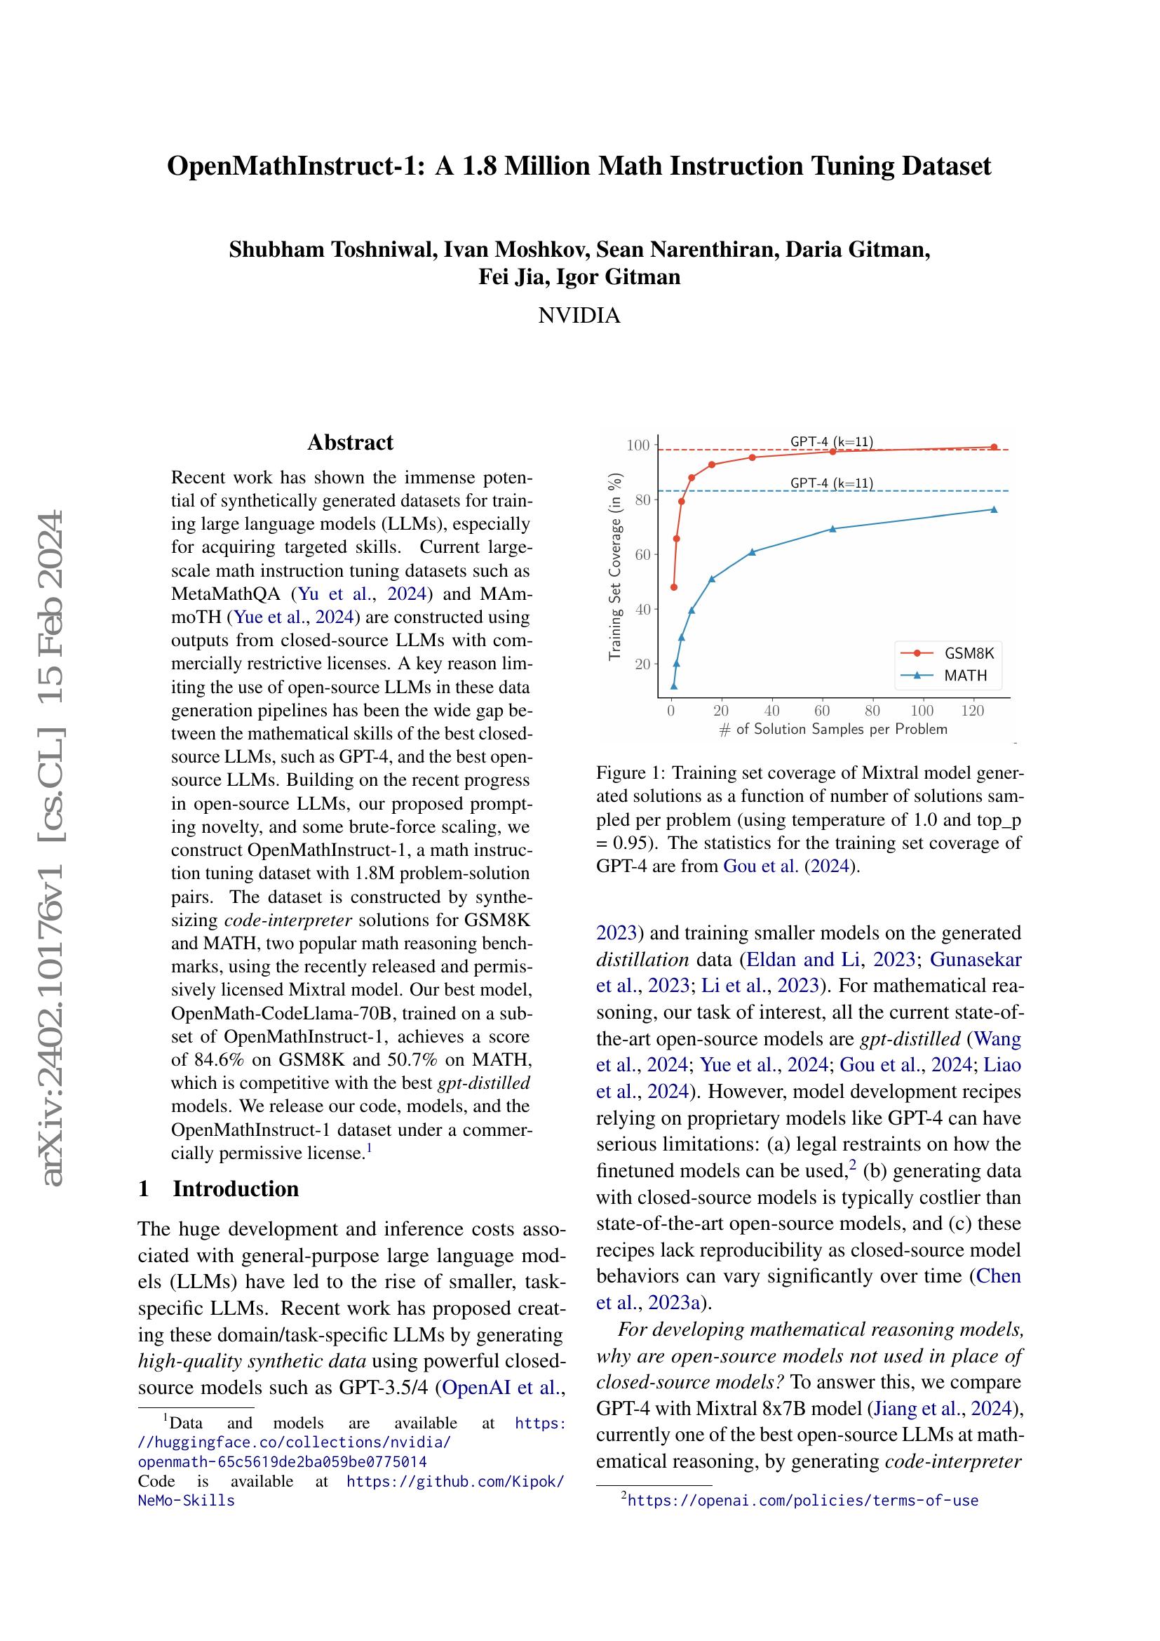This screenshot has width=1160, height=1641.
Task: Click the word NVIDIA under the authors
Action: click(579, 315)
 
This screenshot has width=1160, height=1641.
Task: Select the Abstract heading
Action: click(350, 443)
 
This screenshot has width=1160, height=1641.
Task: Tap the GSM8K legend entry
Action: click(969, 653)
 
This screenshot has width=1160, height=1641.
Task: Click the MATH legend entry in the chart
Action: click(965, 676)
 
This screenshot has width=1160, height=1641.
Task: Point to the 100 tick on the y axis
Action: click(638, 446)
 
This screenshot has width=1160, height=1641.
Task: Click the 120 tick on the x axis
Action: click(972, 711)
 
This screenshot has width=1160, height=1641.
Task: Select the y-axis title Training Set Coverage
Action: click(614, 566)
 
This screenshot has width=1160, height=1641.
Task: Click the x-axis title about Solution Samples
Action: click(833, 730)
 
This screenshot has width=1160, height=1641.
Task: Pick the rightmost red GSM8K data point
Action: click(994, 448)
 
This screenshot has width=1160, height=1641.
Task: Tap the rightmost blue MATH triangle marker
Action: click(994, 509)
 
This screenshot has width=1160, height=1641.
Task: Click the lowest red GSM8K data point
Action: click(673, 587)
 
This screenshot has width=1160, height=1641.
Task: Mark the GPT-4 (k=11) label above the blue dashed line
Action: click(832, 483)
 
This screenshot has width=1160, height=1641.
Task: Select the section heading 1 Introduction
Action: click(218, 1188)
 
